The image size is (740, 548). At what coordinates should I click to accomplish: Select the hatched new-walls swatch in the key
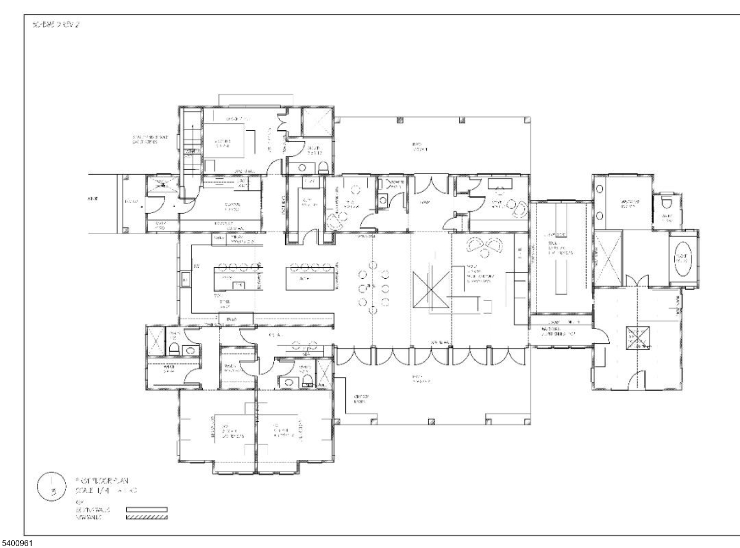tap(147, 517)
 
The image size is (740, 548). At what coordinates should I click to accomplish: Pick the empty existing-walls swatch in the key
tap(147, 510)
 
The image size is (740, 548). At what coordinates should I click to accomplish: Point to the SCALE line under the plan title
tap(106, 491)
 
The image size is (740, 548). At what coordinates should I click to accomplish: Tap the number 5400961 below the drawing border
tap(17, 543)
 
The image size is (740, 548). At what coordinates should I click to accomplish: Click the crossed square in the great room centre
tap(431, 290)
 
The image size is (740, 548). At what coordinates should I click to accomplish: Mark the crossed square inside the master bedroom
tap(638, 339)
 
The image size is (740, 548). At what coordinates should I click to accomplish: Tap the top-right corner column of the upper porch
tap(527, 119)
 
